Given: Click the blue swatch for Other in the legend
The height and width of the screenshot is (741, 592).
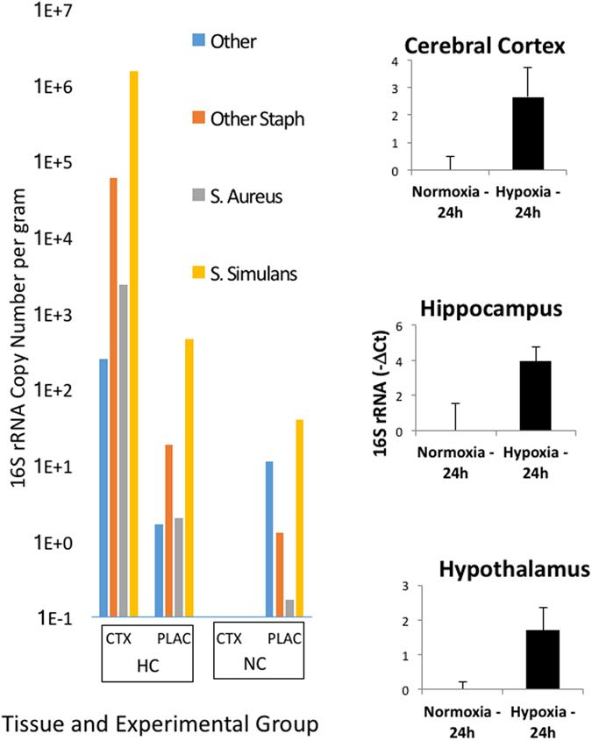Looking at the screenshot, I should coord(197,40).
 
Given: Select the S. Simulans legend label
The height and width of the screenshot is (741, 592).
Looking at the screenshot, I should coord(254,274).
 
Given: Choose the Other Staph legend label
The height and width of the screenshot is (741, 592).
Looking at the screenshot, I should coord(257,119).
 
